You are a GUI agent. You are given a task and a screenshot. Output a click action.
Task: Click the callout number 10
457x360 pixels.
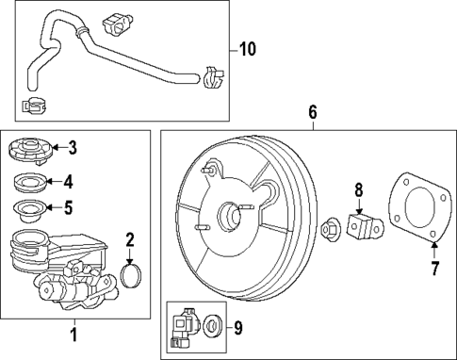(247, 48)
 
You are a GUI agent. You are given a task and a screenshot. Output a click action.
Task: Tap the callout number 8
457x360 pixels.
(358, 189)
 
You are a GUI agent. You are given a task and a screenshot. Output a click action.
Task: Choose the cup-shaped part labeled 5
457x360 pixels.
(29, 209)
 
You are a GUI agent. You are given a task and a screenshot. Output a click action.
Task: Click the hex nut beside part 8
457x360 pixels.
(332, 227)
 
